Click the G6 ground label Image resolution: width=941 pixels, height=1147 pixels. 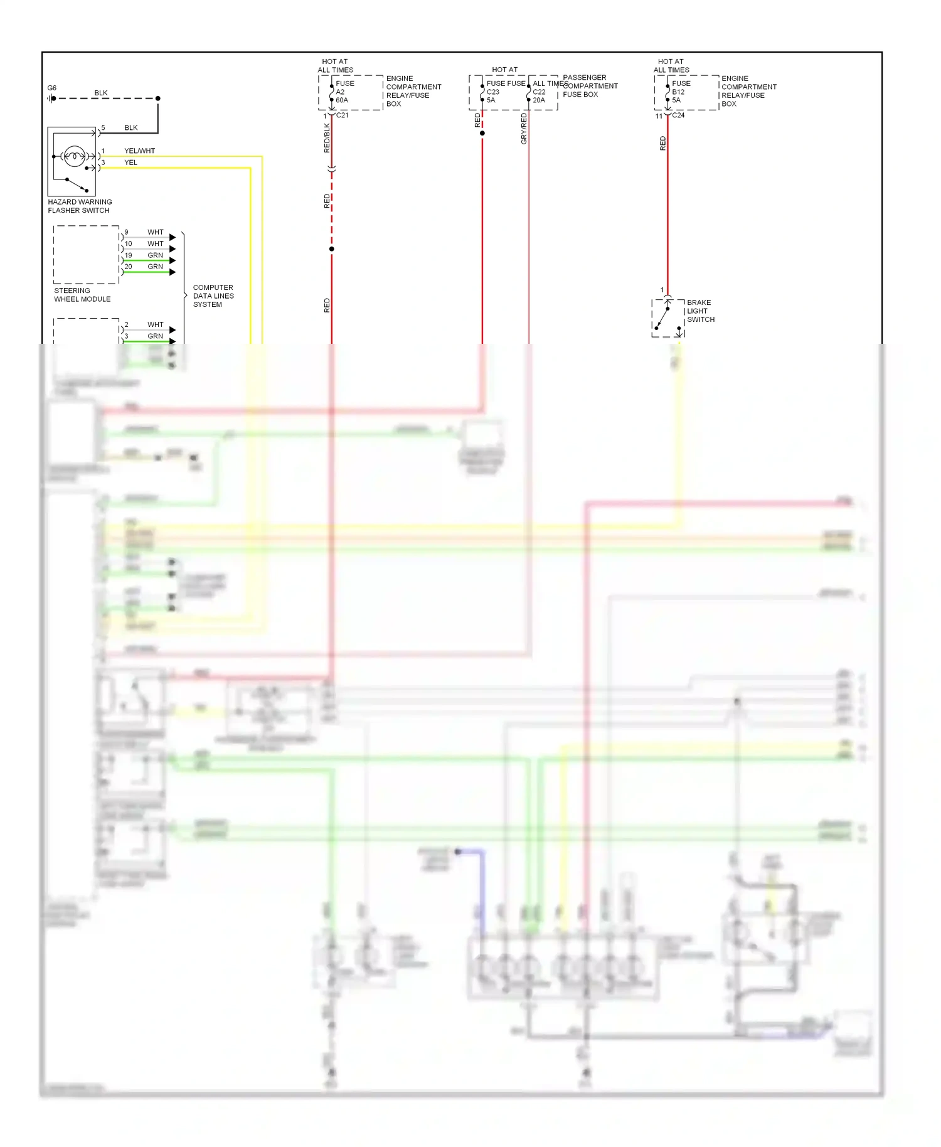[52, 88]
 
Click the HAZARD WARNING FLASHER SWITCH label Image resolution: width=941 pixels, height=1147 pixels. [80, 206]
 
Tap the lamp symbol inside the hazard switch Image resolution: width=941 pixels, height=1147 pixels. [74, 156]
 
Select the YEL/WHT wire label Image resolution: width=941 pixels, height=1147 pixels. [139, 151]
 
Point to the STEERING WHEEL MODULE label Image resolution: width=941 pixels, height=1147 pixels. [82, 295]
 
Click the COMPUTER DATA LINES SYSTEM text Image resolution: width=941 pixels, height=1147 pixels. [213, 296]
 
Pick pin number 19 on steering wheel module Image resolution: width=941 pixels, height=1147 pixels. [128, 255]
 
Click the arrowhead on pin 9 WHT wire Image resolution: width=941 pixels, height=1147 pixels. [173, 237]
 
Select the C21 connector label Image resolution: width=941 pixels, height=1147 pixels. [342, 115]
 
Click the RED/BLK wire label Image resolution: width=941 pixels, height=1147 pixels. [326, 138]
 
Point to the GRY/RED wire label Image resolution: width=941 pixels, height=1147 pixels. [524, 129]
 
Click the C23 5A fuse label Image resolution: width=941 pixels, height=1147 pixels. [492, 95]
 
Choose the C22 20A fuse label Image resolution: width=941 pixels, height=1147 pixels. [539, 95]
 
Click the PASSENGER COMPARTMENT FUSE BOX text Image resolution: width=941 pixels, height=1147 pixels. [590, 86]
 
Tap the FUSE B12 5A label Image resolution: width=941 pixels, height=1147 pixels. [680, 92]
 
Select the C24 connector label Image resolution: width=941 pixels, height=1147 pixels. [678, 115]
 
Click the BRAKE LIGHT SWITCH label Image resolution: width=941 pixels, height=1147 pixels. [700, 311]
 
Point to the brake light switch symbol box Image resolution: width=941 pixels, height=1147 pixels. [667, 318]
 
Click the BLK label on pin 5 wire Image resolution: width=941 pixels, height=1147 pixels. [130, 127]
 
